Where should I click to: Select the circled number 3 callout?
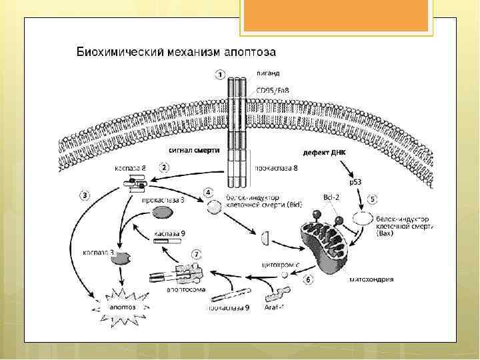[85, 195]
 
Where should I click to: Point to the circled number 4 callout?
[208, 192]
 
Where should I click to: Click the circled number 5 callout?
[372, 199]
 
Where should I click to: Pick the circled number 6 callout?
[308, 279]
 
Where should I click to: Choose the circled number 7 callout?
[195, 254]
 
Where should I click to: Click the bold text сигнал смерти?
[194, 151]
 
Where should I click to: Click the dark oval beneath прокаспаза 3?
[162, 213]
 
